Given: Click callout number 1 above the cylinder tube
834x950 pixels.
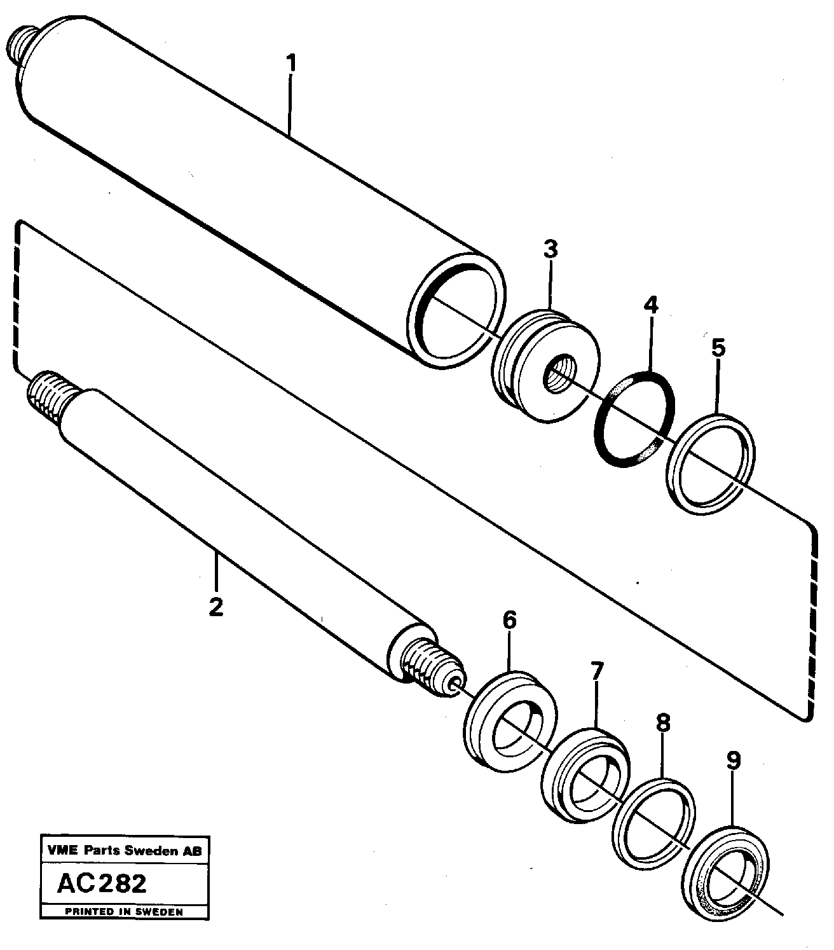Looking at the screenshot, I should tap(291, 64).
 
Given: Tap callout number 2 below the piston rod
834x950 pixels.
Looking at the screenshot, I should tap(216, 607).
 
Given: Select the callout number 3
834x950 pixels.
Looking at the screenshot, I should tap(550, 249).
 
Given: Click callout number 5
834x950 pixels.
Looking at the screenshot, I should tap(718, 347).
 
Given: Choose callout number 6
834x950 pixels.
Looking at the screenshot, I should tap(510, 620).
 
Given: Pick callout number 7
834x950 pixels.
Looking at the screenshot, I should tap(596, 670).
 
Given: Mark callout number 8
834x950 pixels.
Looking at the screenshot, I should tap(662, 722).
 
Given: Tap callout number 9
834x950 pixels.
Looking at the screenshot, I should tap(734, 760).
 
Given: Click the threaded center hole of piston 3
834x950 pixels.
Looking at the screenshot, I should tap(560, 373).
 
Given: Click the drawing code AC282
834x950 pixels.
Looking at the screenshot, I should tap(101, 883).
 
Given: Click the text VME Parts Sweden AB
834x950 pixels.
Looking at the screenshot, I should tap(125, 850).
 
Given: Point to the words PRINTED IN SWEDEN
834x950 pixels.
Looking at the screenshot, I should tap(125, 911).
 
